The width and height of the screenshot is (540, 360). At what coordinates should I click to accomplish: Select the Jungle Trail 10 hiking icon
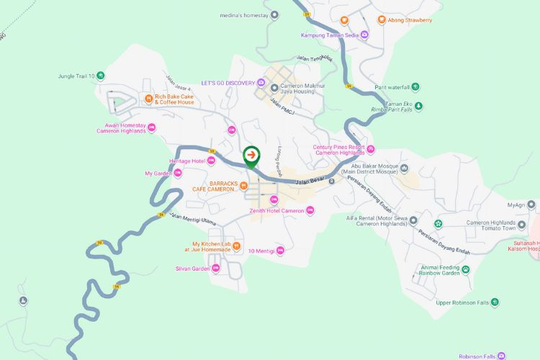pos(101,76)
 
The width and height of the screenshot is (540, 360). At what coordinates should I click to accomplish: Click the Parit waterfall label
pos(392,87)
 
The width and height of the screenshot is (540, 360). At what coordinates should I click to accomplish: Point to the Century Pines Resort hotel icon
pos(371,150)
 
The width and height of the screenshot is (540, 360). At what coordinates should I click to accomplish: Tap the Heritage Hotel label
pos(187,161)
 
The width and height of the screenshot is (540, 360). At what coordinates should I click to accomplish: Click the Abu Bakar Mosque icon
pos(405,168)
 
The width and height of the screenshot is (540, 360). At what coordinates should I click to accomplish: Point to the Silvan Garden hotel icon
pos(215,269)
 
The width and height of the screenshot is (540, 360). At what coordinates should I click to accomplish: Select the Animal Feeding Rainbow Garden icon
pos(466,269)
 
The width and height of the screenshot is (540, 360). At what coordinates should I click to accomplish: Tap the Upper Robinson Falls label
pos(462,302)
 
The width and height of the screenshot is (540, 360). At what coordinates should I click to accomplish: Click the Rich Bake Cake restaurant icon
pos(148,99)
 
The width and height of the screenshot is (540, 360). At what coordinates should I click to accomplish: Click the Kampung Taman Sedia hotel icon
pos(364,35)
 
